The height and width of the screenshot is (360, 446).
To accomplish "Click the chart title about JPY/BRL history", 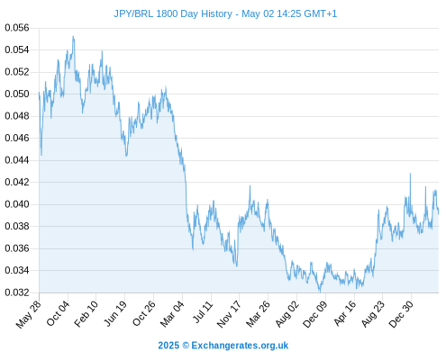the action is coord(225,13).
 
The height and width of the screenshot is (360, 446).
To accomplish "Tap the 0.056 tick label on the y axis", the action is coord(17,28).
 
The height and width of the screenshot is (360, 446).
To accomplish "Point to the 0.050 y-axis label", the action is coord(17,94).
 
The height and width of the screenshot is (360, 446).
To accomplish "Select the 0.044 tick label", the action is coord(17,160).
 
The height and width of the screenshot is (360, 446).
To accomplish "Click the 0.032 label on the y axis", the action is coord(17,292).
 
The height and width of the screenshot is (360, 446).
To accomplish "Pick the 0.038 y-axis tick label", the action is coord(17,226).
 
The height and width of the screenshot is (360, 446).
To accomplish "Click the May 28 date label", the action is coord(28,314).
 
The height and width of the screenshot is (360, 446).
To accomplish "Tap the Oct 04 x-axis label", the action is coord(58,313).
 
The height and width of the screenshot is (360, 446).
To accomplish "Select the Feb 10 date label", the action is coord(86,313).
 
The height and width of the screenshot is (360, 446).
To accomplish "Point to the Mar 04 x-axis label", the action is coord(172,313).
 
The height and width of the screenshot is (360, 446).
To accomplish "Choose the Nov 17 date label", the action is coord(229,314).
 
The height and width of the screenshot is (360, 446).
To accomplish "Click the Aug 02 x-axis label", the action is coord(287,314).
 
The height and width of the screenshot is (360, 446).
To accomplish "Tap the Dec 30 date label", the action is coord(401,314).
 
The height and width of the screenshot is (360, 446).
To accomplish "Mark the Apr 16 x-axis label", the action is coord(345,313).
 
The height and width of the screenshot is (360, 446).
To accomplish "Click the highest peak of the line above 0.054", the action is coord(73,36).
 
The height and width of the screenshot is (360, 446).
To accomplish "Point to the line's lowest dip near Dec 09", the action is coord(320,292).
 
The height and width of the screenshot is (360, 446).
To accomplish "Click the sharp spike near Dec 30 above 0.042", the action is coord(410,174).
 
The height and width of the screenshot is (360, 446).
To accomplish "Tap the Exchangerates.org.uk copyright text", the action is coord(240,346).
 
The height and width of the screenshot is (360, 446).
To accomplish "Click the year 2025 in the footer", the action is coord(168,346).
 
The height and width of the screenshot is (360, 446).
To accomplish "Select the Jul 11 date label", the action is coord(202,312).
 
